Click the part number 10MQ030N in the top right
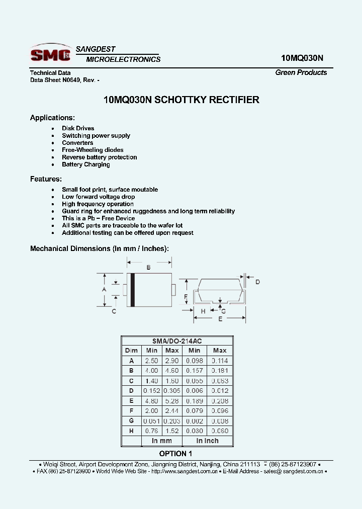tap(302, 58)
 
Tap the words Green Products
tap(301, 72)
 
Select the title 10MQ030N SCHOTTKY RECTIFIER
tap(181, 100)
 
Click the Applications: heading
tap(52, 118)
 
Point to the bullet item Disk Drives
tap(78, 128)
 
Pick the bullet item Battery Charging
tap(85, 164)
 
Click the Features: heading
tap(46, 179)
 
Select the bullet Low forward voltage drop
tap(98, 197)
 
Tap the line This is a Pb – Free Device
tap(98, 218)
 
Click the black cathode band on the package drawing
tap(133, 289)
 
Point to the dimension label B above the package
tap(148, 268)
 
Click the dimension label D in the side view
tap(257, 282)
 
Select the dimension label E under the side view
tap(220, 319)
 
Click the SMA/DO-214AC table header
tap(176, 341)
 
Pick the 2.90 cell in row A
tap(172, 361)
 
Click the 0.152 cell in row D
tap(151, 391)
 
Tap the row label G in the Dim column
tap(131, 421)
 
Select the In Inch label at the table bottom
tap(207, 441)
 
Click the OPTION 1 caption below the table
tap(176, 454)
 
